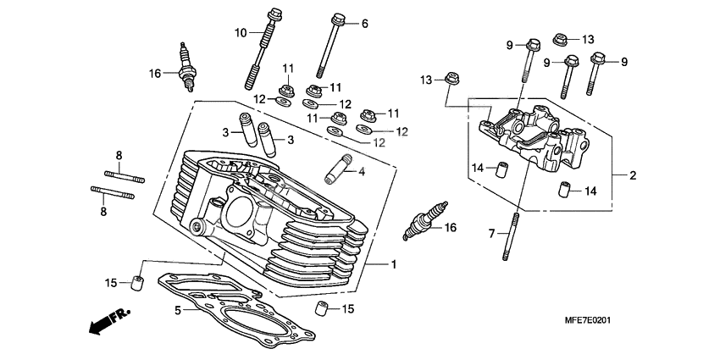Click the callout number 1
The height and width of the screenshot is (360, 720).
coord(394,264)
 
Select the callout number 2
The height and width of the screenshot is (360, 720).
coord(632,176)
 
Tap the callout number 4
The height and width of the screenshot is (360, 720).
coord(361,172)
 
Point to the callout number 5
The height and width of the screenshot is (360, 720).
coord(178,311)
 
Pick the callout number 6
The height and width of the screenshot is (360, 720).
coord(365,24)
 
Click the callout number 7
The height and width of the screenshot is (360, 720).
coord(489,232)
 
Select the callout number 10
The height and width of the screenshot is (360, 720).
coord(241,32)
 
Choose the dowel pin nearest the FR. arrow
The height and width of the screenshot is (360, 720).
coord(136,281)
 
